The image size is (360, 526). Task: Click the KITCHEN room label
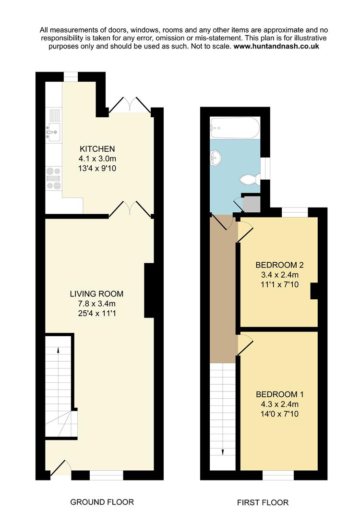tap(97, 148)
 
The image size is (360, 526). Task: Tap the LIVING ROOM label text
tap(96, 294)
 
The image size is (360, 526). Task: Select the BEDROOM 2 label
tap(279, 265)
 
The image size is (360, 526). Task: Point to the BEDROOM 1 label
tap(279, 394)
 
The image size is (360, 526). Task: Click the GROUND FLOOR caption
tap(102, 502)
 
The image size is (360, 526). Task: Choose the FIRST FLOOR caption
tap(263, 502)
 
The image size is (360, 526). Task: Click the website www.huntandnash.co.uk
tap(276, 46)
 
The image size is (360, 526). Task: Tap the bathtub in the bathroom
tap(235, 127)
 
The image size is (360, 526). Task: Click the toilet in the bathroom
tap(250, 180)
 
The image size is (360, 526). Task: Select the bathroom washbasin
tap(215, 158)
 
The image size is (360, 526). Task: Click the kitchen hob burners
tap(53, 178)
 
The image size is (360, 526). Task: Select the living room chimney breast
tap(149, 291)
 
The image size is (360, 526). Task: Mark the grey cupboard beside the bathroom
tap(252, 204)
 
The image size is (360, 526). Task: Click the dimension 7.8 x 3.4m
tap(96, 304)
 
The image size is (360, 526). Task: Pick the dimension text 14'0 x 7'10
tap(279, 414)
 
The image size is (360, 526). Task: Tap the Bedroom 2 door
tap(245, 230)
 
